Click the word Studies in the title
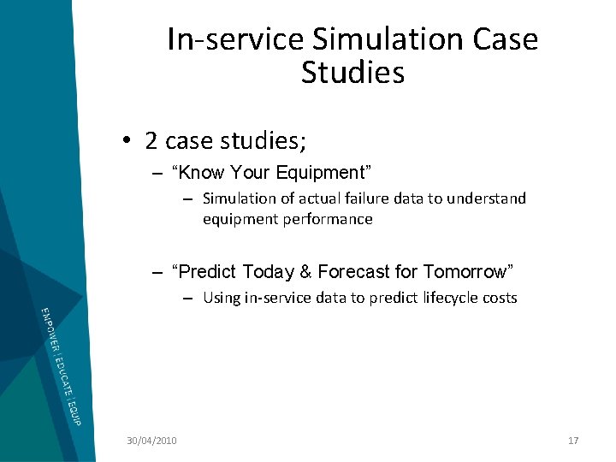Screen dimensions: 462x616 352,73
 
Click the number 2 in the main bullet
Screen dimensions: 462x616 151,139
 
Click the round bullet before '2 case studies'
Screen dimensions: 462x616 126,140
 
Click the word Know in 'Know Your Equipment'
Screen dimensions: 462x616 199,173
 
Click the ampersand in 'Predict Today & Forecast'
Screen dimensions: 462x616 305,272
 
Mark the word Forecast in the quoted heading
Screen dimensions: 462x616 353,272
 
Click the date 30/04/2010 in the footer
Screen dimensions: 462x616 151,441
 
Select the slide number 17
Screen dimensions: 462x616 573,441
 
